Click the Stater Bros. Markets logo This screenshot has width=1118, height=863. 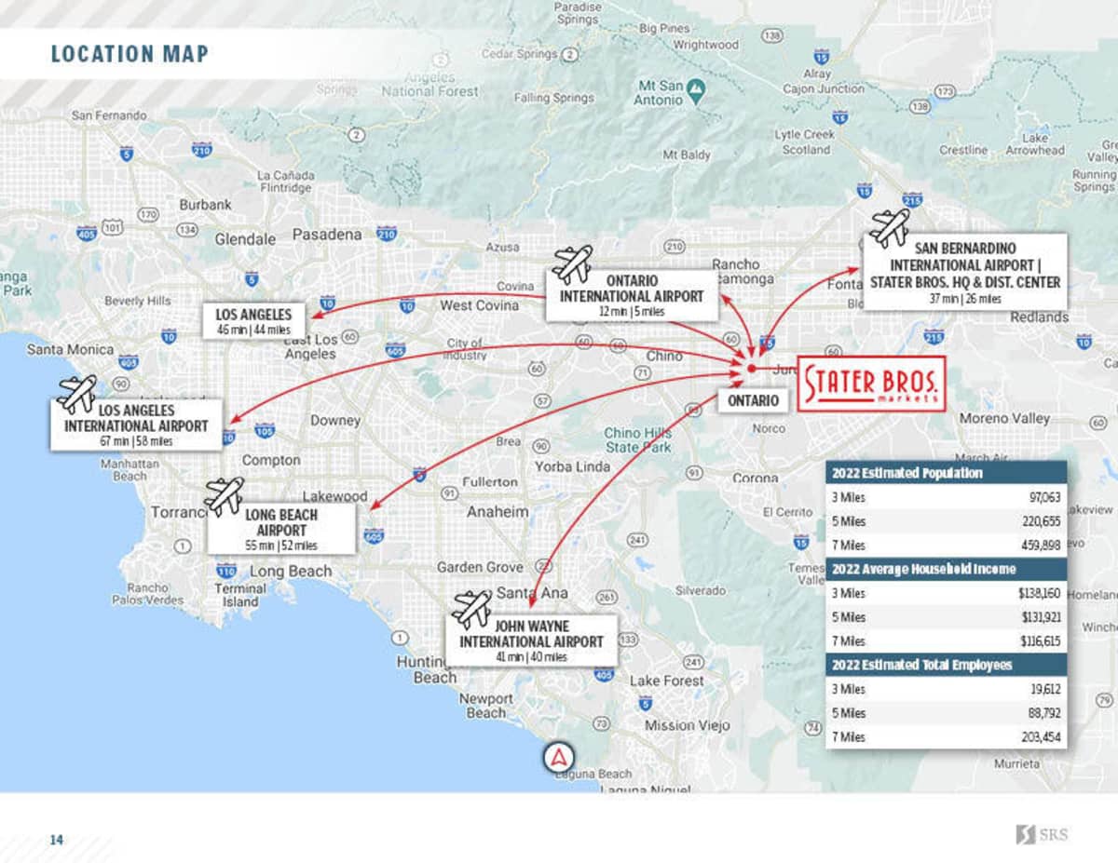(871, 383)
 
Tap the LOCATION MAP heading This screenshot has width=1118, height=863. (130, 54)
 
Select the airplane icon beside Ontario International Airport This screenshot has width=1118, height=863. (571, 264)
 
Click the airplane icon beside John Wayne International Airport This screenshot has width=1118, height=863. (471, 609)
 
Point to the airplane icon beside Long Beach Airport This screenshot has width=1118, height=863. (224, 496)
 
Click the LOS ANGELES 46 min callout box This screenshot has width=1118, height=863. (253, 321)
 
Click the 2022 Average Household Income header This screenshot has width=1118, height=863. (924, 568)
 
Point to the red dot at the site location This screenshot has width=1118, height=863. (751, 369)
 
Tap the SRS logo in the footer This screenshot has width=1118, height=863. (1042, 834)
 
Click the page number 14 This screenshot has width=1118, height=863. (57, 840)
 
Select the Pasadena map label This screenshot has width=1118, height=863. (327, 235)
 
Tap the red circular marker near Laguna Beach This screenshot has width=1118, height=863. (558, 757)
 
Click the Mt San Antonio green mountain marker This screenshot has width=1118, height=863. (695, 89)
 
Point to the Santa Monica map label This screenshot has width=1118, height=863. (70, 349)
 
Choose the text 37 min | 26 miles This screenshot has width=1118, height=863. (964, 299)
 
